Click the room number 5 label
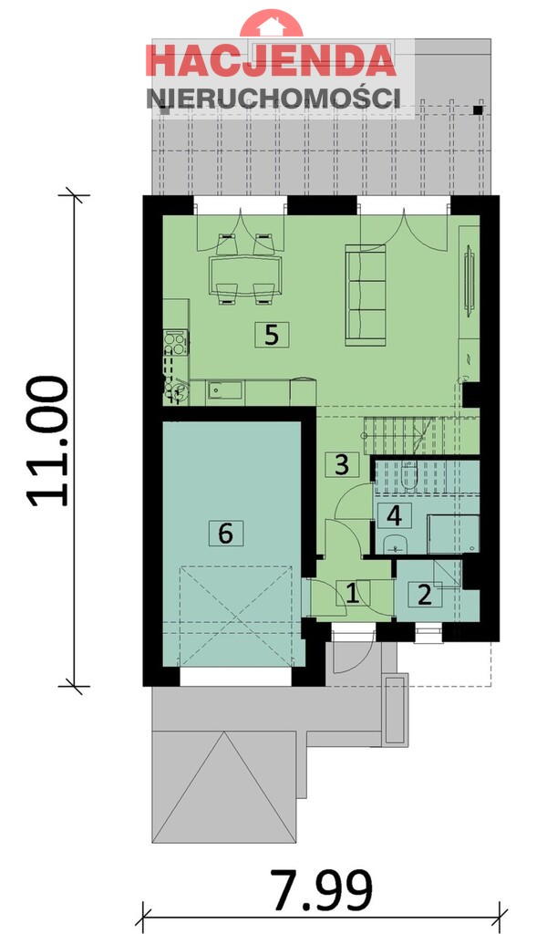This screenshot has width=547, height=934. (x=271, y=335)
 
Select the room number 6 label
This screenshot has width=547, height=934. (x=226, y=532)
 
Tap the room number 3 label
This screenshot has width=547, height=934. (x=342, y=464)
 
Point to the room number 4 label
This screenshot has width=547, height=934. (x=394, y=515)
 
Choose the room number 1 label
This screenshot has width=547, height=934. (x=352, y=595)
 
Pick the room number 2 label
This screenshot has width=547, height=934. (x=424, y=595)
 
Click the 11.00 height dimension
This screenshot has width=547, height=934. (x=47, y=441)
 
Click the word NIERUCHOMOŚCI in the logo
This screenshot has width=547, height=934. (x=273, y=98)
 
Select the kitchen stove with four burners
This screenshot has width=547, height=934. (x=175, y=344)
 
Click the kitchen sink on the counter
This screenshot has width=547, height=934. (x=224, y=390)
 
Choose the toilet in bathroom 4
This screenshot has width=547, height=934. (x=408, y=474)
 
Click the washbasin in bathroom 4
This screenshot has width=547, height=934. (x=395, y=545)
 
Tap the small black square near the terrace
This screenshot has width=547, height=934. (x=478, y=110)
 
